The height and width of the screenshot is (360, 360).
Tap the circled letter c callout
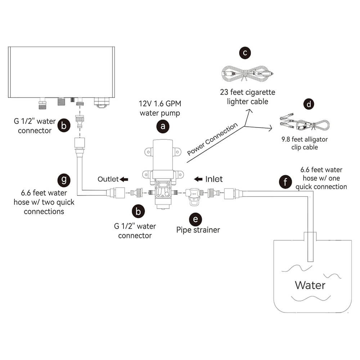(245, 53)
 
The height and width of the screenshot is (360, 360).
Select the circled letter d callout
(309, 104)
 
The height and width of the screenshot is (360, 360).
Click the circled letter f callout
(285, 182)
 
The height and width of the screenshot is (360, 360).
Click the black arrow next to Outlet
(125, 179)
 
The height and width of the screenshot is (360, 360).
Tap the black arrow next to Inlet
(198, 179)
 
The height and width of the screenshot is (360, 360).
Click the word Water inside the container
(310, 285)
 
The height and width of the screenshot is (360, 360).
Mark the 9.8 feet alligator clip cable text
(304, 143)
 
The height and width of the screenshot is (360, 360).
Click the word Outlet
(108, 179)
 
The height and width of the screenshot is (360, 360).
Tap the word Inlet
(214, 179)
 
